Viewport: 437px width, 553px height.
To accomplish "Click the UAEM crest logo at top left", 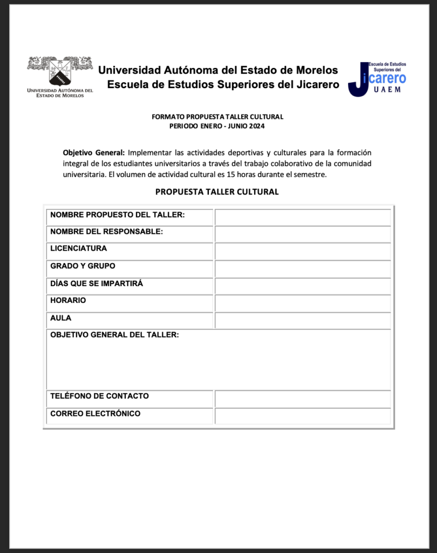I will (x=60, y=76).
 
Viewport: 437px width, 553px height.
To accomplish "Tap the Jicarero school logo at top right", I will (x=377, y=79).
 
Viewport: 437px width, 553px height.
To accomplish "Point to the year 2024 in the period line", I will (x=257, y=126).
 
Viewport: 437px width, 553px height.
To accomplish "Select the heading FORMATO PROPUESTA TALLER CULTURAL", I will (x=217, y=117).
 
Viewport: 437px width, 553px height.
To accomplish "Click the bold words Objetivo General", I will (x=94, y=152).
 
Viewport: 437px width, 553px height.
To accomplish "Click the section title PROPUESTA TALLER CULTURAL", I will (x=217, y=192).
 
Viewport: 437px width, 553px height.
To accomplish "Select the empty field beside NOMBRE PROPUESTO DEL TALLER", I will (x=303, y=217).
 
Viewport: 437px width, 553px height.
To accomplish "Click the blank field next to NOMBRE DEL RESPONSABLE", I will (x=303, y=234).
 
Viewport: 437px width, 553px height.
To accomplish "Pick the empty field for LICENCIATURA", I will (x=303, y=252).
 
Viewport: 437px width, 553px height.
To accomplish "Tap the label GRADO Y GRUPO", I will (x=83, y=266).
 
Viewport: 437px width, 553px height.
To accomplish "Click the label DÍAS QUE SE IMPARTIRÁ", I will (x=97, y=284).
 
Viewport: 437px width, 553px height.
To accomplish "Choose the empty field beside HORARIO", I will (x=303, y=304).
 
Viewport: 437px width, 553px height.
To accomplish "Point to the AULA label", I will (x=60, y=318).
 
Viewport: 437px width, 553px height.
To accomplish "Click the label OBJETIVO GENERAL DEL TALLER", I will (x=114, y=335).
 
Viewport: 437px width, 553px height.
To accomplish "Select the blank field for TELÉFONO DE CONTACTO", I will (x=303, y=399).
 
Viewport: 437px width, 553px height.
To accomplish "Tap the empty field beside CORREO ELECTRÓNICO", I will (x=303, y=416).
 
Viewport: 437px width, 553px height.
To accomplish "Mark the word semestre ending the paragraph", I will (x=311, y=174).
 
